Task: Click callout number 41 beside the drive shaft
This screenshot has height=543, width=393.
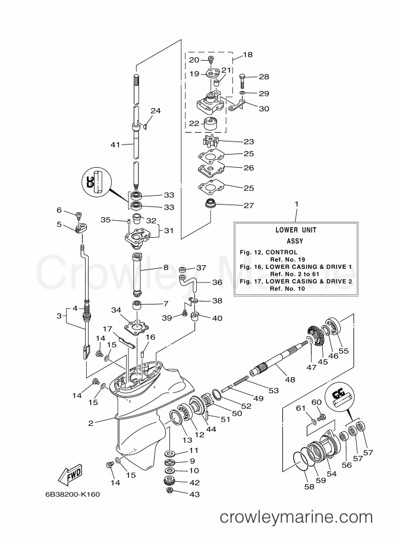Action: pos(115,145)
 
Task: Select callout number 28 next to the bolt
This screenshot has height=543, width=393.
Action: pos(264,77)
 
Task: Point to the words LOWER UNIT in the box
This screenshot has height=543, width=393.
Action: pos(295,229)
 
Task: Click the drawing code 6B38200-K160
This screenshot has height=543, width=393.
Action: pos(73,494)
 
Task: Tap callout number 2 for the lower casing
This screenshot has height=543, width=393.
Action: pos(91,423)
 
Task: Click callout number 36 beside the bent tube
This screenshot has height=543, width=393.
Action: pos(217,283)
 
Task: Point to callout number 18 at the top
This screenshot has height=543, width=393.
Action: pos(247,55)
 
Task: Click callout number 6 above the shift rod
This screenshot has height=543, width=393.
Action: pos(59,210)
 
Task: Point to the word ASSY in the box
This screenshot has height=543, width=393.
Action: pos(295,241)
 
